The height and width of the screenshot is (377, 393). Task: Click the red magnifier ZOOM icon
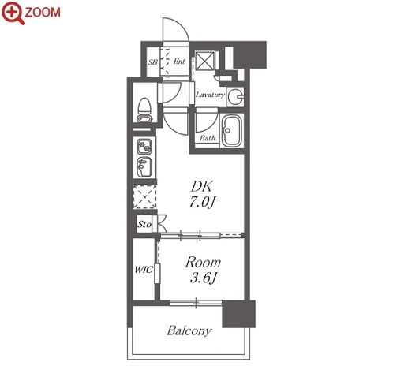[x=13, y=13]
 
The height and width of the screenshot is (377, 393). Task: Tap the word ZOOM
[x=43, y=13]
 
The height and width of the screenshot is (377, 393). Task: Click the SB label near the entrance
[x=153, y=62]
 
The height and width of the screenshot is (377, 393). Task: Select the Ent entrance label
[x=179, y=62]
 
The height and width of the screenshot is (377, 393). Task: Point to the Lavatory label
[x=210, y=95]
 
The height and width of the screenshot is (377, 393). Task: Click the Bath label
[x=208, y=138]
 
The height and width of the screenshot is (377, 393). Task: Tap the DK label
[x=201, y=186]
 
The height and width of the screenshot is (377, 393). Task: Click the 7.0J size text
[x=203, y=203]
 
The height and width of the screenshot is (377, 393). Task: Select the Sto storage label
[x=144, y=224]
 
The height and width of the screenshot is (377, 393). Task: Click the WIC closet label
[x=144, y=270]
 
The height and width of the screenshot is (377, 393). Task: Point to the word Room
[x=203, y=263]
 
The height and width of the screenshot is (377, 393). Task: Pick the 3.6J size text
[x=204, y=278]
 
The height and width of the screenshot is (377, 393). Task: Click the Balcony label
[x=189, y=330]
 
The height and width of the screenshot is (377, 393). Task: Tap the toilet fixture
[x=144, y=110]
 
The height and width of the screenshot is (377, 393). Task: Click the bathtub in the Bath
[x=231, y=131]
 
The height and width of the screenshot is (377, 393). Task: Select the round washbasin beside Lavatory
[x=235, y=96]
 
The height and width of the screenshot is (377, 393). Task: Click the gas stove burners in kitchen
[x=144, y=147]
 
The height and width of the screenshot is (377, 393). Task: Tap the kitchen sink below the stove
[x=144, y=167]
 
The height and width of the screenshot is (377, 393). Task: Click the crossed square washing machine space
[x=205, y=62]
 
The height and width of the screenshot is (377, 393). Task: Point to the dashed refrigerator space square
[x=144, y=196]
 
